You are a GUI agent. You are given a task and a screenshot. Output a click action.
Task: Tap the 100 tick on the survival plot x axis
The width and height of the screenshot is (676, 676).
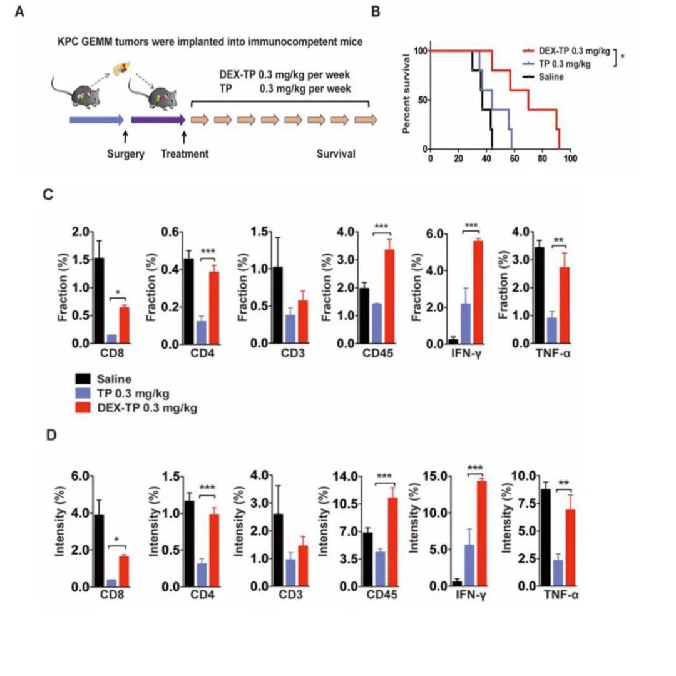click(569, 158)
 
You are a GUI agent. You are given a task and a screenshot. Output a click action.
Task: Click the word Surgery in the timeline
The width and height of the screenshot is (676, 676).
click(126, 153)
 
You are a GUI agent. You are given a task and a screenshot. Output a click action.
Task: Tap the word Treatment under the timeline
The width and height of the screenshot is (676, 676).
click(184, 153)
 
